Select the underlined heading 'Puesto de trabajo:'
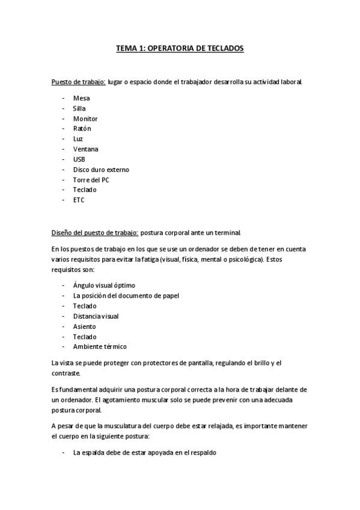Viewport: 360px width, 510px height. (x=78, y=82)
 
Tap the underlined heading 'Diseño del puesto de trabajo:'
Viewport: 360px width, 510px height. (x=95, y=232)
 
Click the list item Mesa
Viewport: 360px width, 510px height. (x=81, y=98)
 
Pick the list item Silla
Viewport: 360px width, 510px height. (x=79, y=108)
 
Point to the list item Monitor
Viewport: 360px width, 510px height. (x=85, y=118)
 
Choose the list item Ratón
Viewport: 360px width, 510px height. (x=82, y=129)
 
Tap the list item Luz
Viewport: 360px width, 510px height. (x=78, y=139)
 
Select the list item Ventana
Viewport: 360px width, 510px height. (x=86, y=149)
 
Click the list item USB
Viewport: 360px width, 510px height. (x=79, y=159)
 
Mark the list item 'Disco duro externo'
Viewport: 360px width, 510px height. (x=101, y=170)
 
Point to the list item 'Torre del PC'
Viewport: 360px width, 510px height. (x=91, y=180)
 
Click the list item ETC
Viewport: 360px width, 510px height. (x=79, y=200)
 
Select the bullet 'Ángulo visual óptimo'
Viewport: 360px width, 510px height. (x=104, y=285)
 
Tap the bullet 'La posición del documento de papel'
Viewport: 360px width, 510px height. (x=126, y=295)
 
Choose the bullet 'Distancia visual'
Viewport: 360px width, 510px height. (x=96, y=316)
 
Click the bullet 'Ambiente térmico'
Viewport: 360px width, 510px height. (x=100, y=346)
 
